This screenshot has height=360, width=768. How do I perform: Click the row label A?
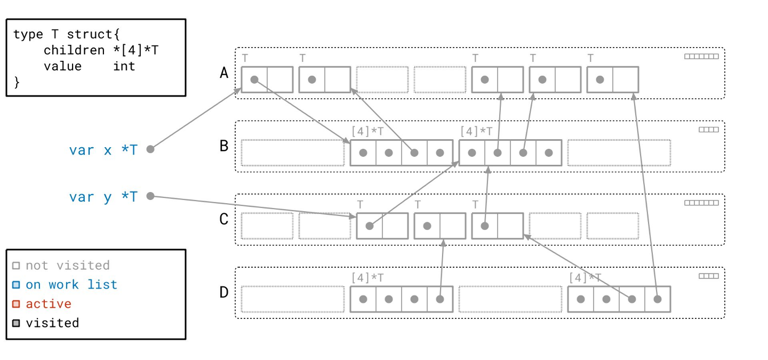tap(224, 73)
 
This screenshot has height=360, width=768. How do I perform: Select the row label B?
tap(224, 146)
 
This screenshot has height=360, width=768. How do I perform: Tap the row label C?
tap(224, 219)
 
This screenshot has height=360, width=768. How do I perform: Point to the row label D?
tap(224, 292)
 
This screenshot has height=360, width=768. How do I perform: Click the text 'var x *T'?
tap(103, 150)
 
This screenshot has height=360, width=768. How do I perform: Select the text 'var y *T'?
tap(103, 197)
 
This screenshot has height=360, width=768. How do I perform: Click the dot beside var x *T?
tap(150, 149)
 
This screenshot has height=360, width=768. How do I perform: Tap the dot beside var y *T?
tap(150, 196)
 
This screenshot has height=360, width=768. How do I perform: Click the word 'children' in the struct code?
tap(74, 50)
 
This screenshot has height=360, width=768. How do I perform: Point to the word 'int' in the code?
tap(124, 66)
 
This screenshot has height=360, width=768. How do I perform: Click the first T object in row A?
tap(267, 79)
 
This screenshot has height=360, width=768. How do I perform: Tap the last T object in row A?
tap(613, 79)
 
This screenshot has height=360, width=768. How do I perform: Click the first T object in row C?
tap(382, 226)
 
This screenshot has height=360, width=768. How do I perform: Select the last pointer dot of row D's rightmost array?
tap(658, 299)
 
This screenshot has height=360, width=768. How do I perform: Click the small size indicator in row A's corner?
tap(701, 57)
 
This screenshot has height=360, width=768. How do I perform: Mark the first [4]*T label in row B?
tap(367, 131)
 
